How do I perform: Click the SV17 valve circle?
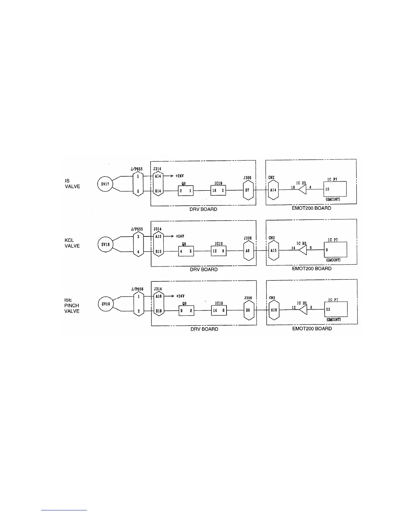[105, 185]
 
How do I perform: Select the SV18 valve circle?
[105, 245]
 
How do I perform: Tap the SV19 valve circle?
[106, 304]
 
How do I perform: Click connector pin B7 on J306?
[247, 190]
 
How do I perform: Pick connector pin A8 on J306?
[248, 251]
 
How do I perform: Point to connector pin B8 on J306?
[248, 310]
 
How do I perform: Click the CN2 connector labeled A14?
[273, 190]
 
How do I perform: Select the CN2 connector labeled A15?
[274, 250]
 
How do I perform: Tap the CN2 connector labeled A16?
[274, 310]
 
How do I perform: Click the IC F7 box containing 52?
[336, 309]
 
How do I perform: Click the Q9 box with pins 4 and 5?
[186, 251]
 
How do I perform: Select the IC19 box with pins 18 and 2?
[218, 191]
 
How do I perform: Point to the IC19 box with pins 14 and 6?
[219, 311]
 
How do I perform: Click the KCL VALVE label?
[72, 243]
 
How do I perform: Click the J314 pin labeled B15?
[158, 251]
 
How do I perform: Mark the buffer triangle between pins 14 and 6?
[302, 250]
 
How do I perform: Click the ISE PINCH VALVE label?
[72, 305]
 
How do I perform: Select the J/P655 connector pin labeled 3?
[138, 237]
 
